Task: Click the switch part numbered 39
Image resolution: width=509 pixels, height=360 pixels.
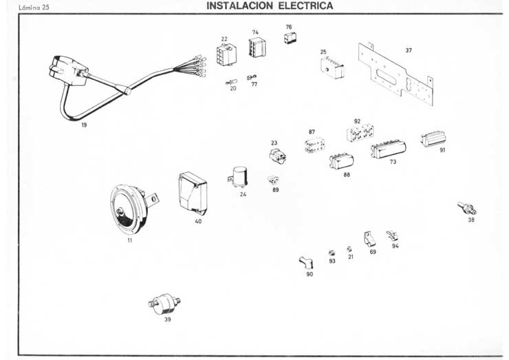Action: coord(163,302)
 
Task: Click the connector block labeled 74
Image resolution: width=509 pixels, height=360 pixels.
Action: coord(257,47)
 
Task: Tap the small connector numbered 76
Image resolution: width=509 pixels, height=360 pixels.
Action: coord(290,39)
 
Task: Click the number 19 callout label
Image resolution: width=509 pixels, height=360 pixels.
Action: coord(84,125)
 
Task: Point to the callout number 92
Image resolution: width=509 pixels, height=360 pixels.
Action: coord(357,121)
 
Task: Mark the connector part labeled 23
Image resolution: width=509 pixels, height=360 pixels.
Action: coord(278,155)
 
